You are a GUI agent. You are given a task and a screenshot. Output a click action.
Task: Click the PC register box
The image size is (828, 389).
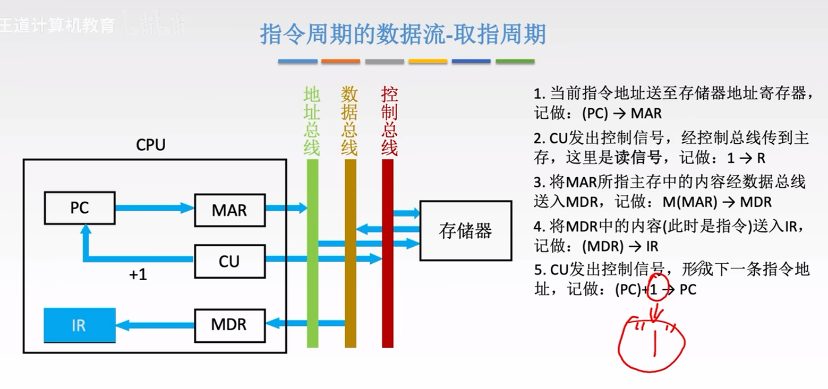(x=79, y=208)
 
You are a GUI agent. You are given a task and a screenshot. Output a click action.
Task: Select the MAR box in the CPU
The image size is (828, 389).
(x=229, y=210)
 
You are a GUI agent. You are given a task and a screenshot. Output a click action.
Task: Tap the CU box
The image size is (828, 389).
(x=229, y=261)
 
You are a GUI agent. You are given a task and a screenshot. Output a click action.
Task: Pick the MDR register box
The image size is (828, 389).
(x=229, y=324)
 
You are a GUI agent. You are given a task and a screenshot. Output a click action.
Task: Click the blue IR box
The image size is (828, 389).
(x=79, y=325)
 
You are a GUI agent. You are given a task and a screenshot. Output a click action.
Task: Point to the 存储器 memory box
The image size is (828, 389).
(x=465, y=230)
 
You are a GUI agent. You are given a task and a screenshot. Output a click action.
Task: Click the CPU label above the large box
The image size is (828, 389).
(x=151, y=145)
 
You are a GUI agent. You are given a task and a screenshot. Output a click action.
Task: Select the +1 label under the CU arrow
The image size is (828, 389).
(x=138, y=275)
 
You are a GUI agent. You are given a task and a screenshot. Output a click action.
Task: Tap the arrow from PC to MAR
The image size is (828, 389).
(x=155, y=208)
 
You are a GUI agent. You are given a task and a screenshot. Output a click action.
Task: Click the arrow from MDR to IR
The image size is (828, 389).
(x=155, y=324)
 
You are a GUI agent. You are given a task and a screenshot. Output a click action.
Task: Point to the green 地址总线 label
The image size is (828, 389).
(x=312, y=122)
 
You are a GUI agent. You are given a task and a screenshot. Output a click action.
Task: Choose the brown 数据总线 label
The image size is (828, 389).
(x=349, y=122)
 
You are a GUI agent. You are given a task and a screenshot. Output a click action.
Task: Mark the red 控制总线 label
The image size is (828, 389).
(x=389, y=122)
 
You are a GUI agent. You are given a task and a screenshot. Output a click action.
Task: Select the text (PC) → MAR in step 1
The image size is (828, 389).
(x=622, y=114)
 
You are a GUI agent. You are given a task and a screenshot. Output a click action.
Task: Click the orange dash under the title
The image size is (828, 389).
(x=340, y=62)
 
